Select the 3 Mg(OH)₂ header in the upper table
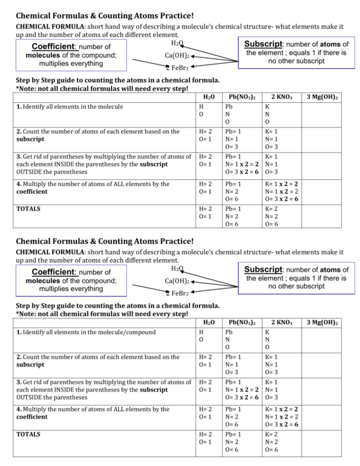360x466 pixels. (x=322, y=97)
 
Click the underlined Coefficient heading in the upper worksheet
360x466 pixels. (x=54, y=47)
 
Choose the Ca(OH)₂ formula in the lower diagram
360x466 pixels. (x=177, y=281)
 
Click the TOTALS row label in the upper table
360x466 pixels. (x=28, y=209)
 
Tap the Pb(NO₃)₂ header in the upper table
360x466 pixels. (x=242, y=97)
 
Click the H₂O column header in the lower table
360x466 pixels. (x=209, y=322)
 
